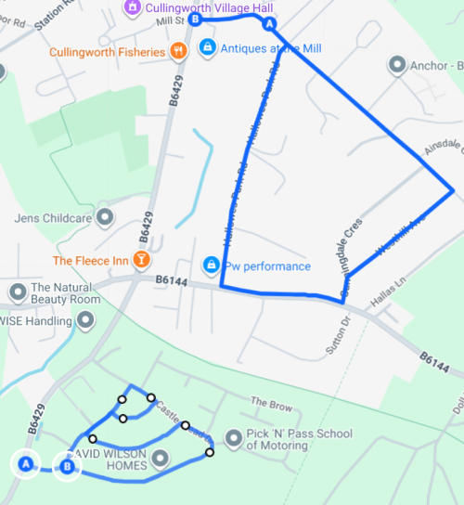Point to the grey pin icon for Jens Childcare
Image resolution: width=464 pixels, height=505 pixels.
point(105,218)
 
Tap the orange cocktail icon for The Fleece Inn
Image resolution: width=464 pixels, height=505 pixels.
point(141,260)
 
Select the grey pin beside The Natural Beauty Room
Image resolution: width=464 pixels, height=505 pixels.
point(17,293)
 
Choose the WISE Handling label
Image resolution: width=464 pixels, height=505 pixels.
point(35,321)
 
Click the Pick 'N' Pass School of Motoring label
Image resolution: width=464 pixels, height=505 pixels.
point(299,439)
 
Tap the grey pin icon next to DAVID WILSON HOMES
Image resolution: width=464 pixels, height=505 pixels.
point(161,458)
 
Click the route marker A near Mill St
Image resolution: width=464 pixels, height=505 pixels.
point(269,24)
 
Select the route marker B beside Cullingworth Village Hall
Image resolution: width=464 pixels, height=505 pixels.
point(194,19)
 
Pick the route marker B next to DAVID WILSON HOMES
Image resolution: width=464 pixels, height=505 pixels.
point(66,467)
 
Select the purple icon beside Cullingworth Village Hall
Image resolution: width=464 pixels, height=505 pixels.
point(133,6)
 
